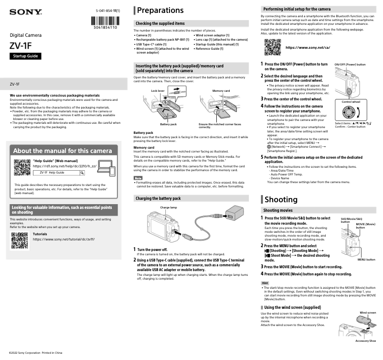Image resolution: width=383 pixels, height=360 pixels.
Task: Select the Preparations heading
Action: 161,11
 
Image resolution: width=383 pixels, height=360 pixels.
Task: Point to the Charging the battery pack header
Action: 158,198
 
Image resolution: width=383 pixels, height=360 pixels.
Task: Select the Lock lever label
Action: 158,90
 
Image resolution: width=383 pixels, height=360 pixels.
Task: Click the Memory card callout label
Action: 221,90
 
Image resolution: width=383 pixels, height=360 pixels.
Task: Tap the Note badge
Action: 138,178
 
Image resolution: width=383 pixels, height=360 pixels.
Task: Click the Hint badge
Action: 265,284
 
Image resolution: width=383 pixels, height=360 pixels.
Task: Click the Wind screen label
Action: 368,313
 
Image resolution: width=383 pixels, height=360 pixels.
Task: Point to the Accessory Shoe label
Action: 365,341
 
